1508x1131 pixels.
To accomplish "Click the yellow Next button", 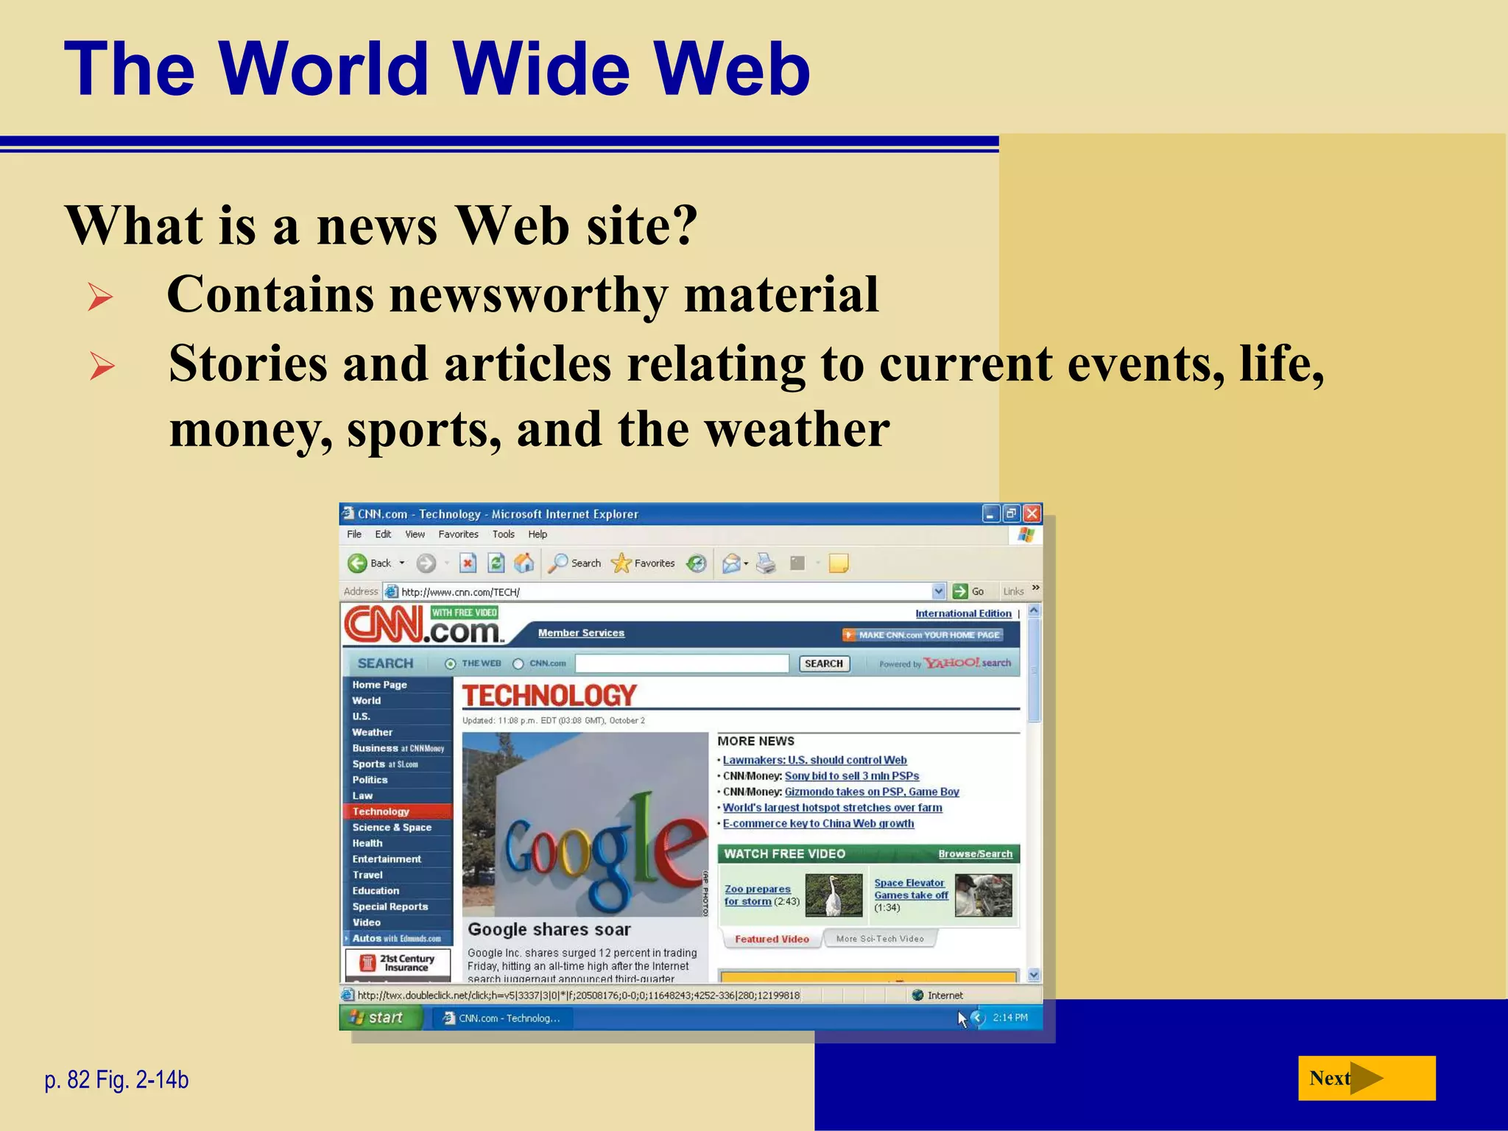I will pos(1366,1078).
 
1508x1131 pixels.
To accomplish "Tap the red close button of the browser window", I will pos(1032,513).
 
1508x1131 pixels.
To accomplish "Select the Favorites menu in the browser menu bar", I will pos(458,535).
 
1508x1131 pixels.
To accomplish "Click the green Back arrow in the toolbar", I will pos(358,563).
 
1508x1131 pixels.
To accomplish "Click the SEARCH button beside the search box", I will pos(823,663).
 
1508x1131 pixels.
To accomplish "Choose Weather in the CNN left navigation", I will pos(372,732).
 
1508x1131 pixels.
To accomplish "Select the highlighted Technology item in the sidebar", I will pos(381,811).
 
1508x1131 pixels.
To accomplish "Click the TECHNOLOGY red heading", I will pos(549,695).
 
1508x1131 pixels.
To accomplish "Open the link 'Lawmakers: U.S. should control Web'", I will pos(814,760).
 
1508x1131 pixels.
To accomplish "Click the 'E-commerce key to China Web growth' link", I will pos(818,823).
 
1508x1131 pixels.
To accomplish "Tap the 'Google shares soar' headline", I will pos(549,929).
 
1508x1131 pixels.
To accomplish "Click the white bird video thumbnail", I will pos(834,895).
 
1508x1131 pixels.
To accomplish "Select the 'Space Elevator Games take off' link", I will pos(910,889).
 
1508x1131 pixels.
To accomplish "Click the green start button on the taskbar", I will pos(378,1018).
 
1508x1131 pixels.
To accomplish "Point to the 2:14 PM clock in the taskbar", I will pos(1010,1018).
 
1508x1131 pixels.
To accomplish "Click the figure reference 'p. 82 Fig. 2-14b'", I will pos(116,1079).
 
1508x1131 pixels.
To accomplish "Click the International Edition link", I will pos(963,613).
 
